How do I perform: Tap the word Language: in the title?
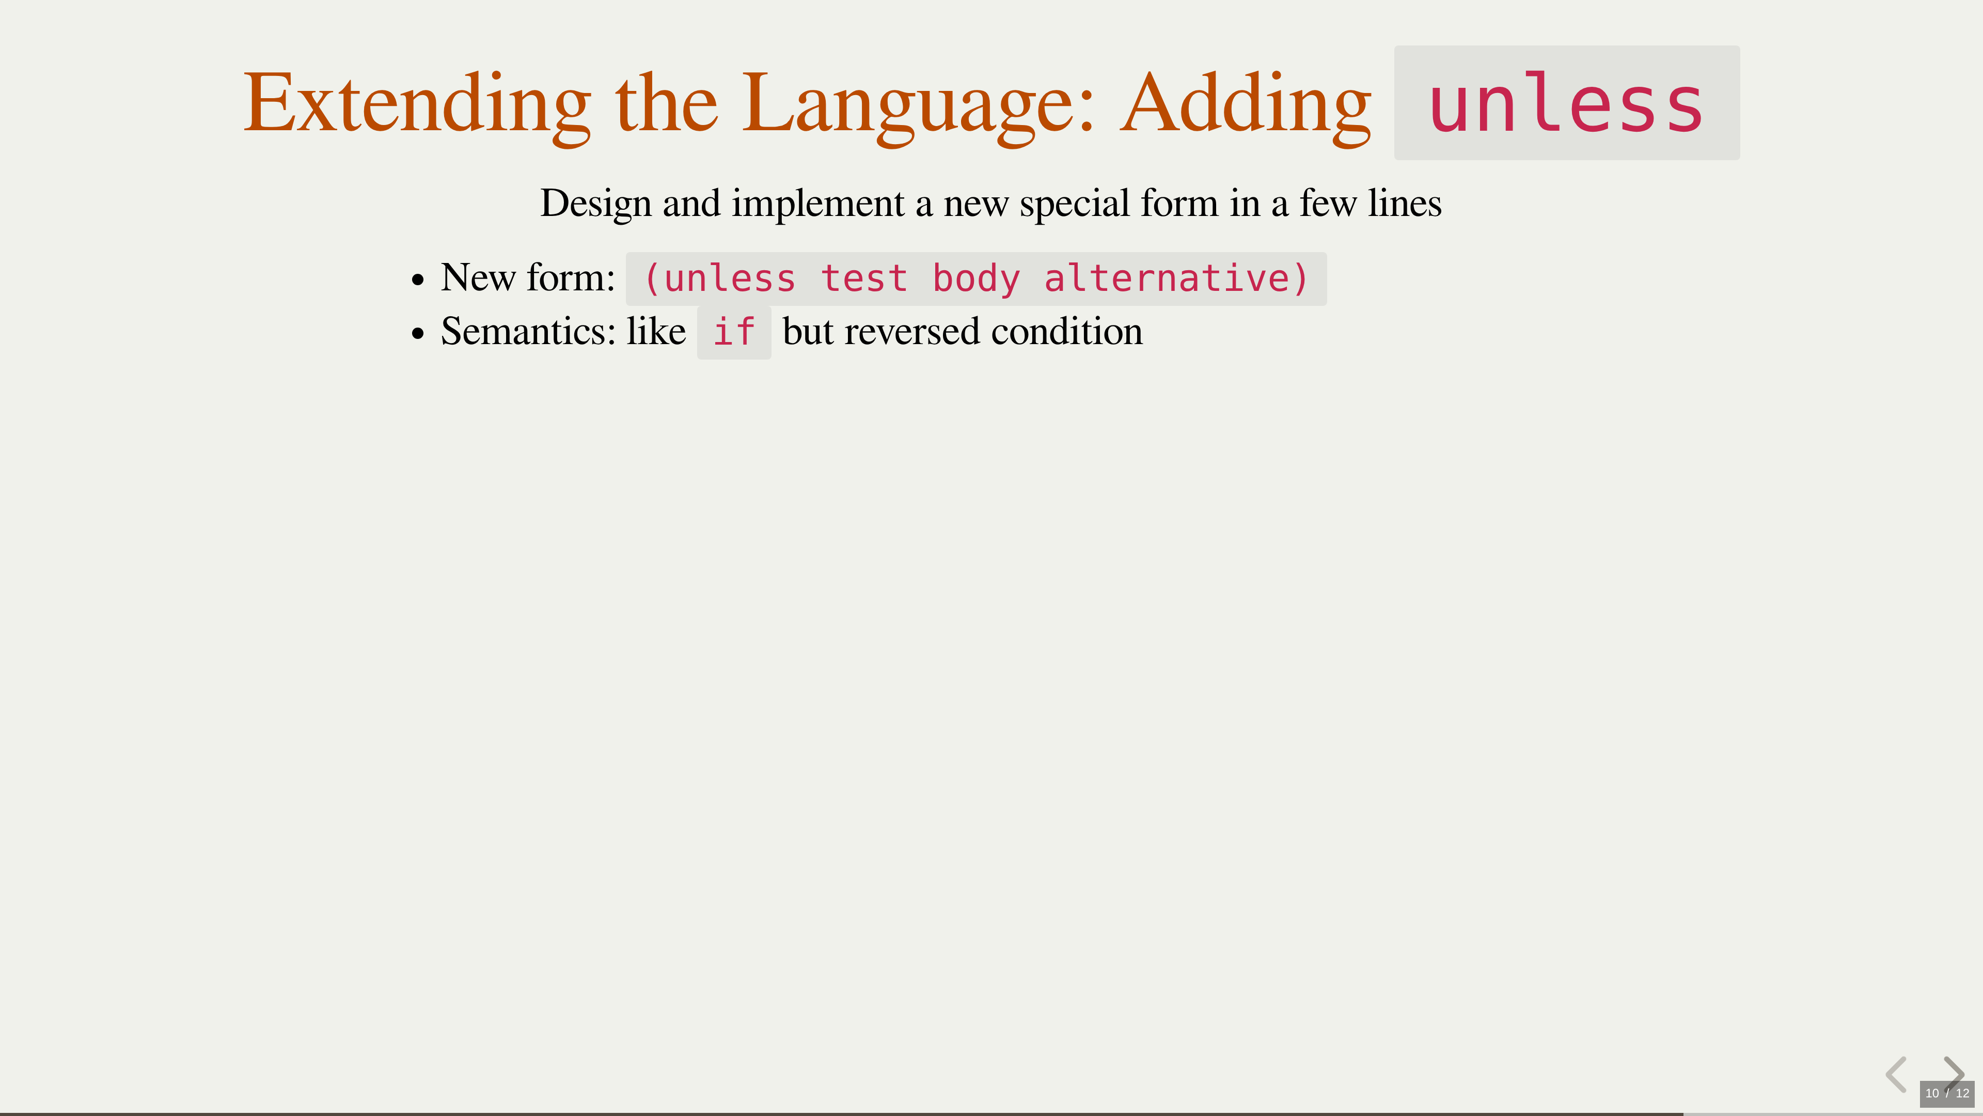click(x=918, y=104)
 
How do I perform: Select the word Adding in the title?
click(x=1246, y=104)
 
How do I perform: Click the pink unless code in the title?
click(x=1566, y=104)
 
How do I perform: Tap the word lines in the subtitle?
click(x=1404, y=204)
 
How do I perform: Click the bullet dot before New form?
click(x=418, y=280)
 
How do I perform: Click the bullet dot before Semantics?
click(x=418, y=333)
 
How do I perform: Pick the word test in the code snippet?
click(x=864, y=279)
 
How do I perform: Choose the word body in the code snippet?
click(x=976, y=279)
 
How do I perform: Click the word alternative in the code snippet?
click(x=1166, y=279)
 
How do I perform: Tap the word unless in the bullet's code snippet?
click(x=730, y=279)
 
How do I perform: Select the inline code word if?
click(x=734, y=332)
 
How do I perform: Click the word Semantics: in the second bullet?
click(x=528, y=331)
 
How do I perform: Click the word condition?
click(x=1067, y=331)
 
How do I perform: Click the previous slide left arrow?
click(x=1896, y=1075)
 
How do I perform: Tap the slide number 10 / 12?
click(x=1947, y=1093)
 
